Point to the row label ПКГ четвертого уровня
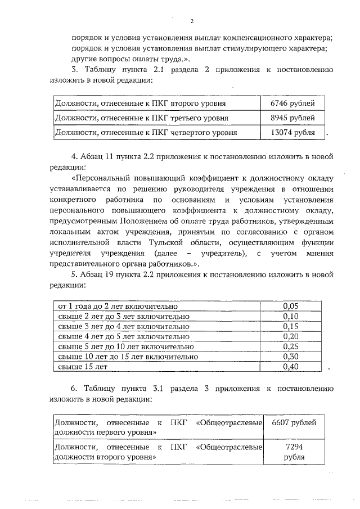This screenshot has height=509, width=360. pyautogui.click(x=145, y=132)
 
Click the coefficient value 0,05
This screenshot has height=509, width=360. pyautogui.click(x=290, y=307)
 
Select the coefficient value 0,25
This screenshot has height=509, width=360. pyautogui.click(x=290, y=346)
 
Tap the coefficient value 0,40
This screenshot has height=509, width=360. pyautogui.click(x=290, y=367)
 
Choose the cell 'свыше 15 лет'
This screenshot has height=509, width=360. pyautogui.click(x=82, y=367)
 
